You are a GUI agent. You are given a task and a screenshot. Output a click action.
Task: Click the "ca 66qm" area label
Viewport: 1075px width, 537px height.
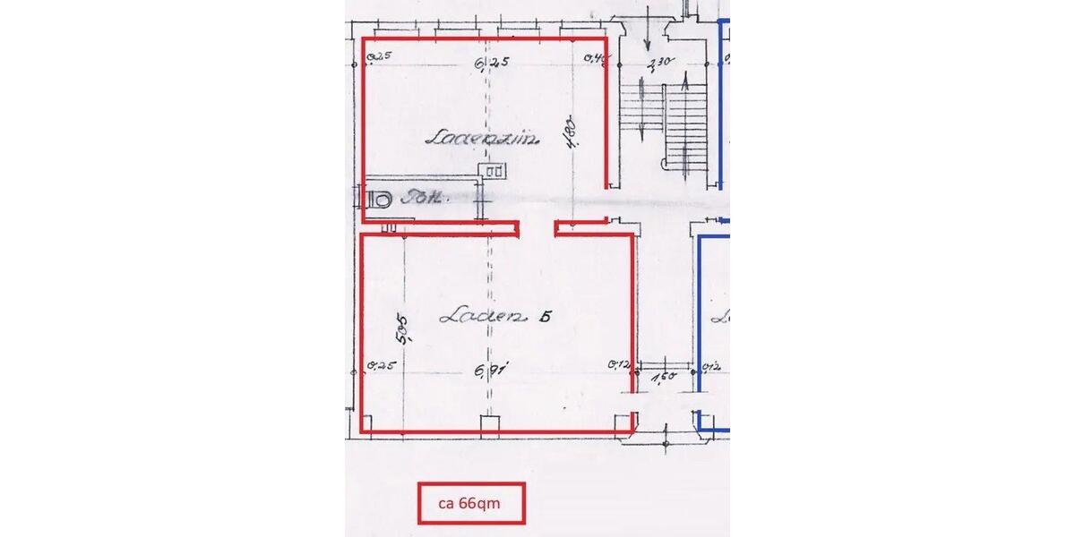[x=470, y=503]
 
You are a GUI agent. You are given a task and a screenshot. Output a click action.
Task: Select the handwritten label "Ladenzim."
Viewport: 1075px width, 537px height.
[x=476, y=138]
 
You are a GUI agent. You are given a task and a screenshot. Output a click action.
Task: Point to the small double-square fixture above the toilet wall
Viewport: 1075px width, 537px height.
[x=494, y=168]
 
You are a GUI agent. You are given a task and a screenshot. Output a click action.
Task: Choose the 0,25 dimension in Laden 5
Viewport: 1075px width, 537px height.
[x=380, y=365]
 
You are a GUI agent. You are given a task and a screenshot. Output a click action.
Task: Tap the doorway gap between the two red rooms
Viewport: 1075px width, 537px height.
[x=537, y=229]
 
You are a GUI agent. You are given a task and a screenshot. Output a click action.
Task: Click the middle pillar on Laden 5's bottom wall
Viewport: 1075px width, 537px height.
[x=489, y=426]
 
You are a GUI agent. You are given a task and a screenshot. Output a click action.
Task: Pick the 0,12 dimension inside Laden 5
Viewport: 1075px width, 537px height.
[x=616, y=364]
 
